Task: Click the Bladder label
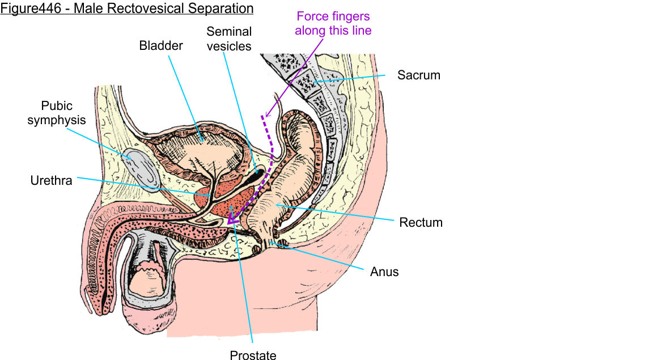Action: (x=161, y=46)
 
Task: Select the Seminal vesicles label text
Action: (x=229, y=39)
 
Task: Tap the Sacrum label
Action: (x=418, y=75)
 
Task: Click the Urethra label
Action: (x=51, y=181)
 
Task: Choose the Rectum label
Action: (x=421, y=222)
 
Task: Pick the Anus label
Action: (x=384, y=272)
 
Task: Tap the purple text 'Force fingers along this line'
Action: (x=333, y=23)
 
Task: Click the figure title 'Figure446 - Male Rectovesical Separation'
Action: (x=126, y=9)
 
